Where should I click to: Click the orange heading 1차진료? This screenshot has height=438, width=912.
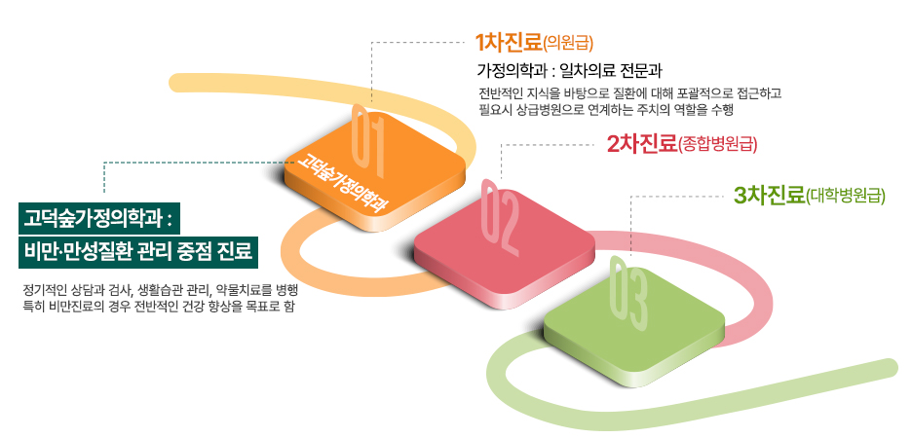click(x=508, y=43)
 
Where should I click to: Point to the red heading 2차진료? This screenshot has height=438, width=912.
click(x=641, y=143)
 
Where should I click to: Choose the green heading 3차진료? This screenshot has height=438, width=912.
click(x=769, y=195)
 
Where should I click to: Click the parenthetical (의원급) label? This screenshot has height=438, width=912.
click(x=568, y=44)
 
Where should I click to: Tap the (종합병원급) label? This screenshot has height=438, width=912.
click(x=717, y=145)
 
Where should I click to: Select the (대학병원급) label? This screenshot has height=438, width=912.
click(x=845, y=196)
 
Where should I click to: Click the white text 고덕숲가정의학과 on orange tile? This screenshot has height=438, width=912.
click(x=342, y=181)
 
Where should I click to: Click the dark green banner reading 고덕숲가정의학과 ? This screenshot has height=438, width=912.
click(x=98, y=219)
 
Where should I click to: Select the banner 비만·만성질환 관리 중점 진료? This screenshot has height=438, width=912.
click(x=138, y=253)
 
